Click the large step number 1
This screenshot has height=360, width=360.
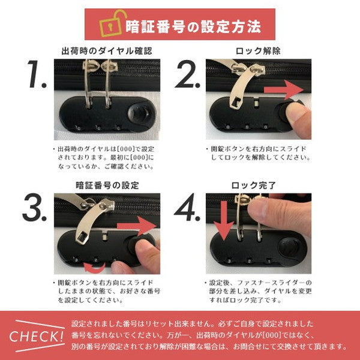coord(37,74)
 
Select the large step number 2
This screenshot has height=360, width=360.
coord(187,74)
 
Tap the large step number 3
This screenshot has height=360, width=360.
coord(34,208)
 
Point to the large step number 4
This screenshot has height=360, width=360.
coord(187,208)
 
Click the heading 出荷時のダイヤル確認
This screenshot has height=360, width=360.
coord(107,51)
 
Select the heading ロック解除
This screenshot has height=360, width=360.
coord(258,51)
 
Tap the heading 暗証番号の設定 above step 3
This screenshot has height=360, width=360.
coord(107,185)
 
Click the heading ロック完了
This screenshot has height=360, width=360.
coord(253,185)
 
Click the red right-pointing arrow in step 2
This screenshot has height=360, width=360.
coord(284,90)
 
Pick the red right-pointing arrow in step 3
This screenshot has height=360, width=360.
coord(137,226)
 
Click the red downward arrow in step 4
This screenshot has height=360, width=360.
coord(224,220)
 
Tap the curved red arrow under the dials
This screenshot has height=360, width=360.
coord(94,268)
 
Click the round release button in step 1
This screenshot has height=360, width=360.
coord(140,114)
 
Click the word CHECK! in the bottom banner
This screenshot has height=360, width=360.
coord(37,336)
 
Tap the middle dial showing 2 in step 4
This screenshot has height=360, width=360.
coord(250,261)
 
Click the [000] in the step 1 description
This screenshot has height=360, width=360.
coord(125,149)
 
